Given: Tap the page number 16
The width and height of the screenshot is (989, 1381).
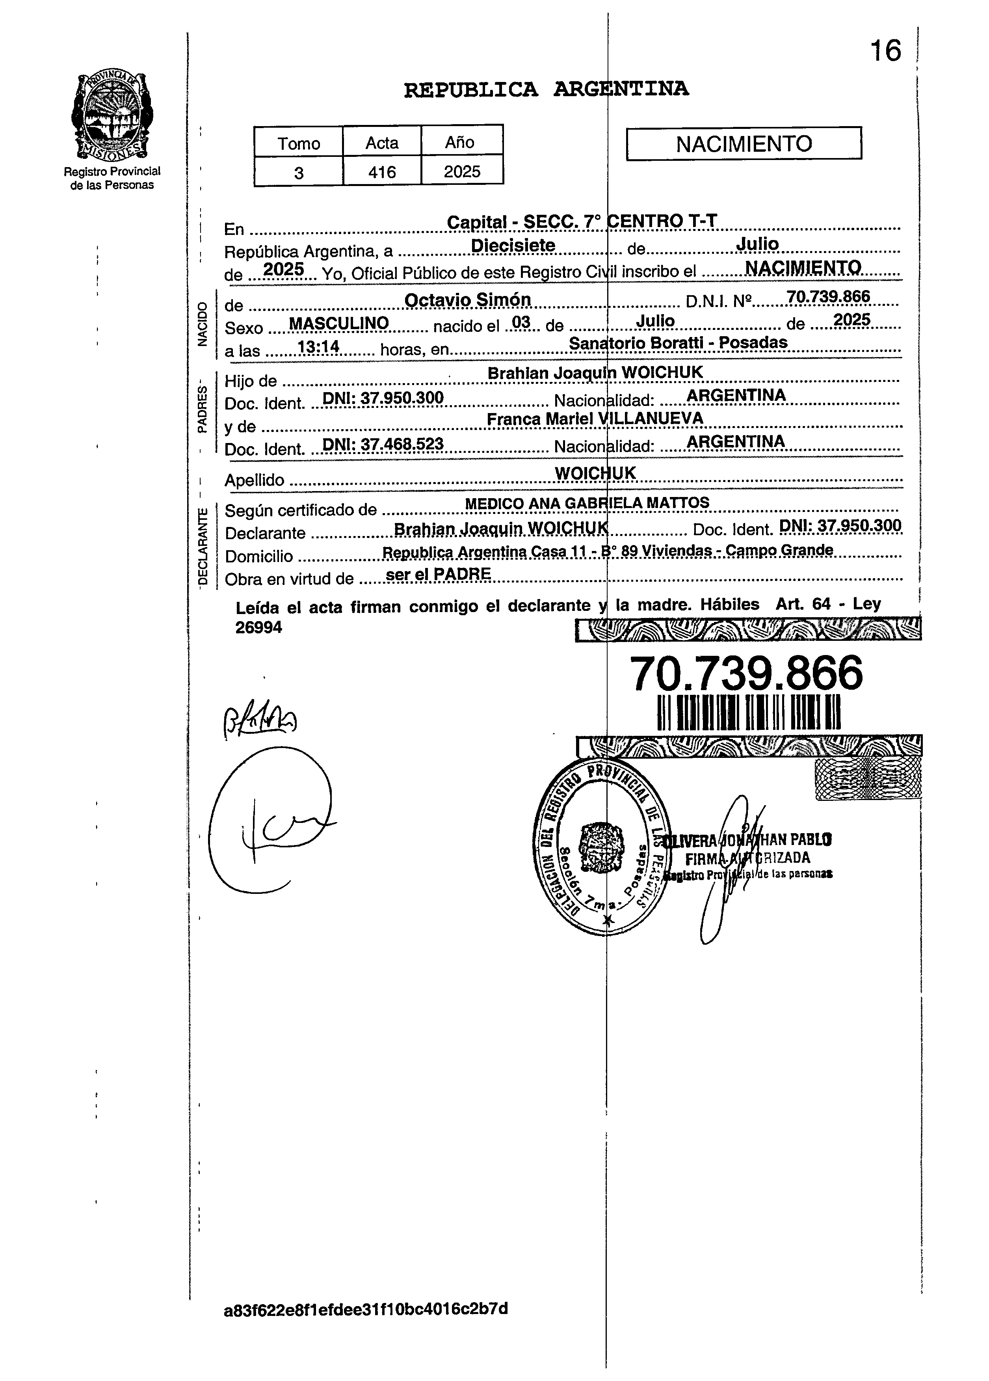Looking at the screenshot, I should [x=885, y=50].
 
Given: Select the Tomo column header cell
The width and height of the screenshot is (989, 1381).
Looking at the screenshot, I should [x=298, y=143].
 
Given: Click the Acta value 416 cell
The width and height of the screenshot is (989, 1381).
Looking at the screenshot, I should [x=381, y=172].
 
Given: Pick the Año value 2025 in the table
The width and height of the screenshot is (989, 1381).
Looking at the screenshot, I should [x=462, y=172].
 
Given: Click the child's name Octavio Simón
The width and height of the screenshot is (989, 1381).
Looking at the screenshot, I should [x=467, y=300].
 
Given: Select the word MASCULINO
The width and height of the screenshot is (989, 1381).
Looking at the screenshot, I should [x=338, y=323].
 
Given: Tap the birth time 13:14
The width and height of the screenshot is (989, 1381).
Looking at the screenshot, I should [x=318, y=347].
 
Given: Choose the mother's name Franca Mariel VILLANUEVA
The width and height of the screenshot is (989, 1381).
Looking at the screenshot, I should [x=595, y=418].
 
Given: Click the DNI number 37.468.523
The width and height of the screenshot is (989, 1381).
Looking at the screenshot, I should [x=382, y=444].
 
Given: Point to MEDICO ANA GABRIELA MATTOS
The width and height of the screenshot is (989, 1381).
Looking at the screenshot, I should [x=587, y=503].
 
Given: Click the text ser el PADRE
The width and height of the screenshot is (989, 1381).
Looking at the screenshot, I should [x=438, y=573].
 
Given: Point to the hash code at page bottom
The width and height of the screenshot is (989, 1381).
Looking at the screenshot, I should [x=366, y=1308].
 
